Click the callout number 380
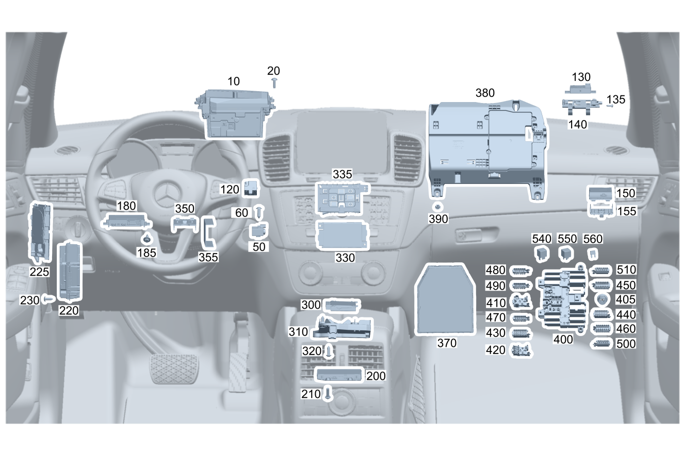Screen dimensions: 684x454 click(x=485, y=93)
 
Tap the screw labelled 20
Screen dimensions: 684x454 click(x=274, y=82)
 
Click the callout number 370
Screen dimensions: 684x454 click(x=447, y=343)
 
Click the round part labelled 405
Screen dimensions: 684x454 click(x=600, y=299)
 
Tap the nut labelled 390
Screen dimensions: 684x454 click(x=437, y=207)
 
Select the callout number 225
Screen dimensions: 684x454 click(x=39, y=272)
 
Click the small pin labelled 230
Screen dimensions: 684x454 click(x=49, y=298)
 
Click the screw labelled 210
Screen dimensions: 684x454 click(x=329, y=395)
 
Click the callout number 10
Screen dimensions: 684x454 click(x=234, y=81)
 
